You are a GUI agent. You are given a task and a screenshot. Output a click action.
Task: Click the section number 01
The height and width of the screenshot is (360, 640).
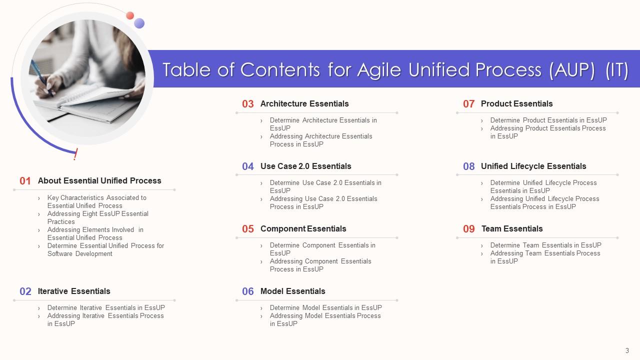(25, 181)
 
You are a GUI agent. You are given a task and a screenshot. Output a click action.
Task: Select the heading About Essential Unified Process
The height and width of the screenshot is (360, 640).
(99, 180)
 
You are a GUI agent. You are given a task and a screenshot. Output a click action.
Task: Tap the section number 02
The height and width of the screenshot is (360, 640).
(25, 291)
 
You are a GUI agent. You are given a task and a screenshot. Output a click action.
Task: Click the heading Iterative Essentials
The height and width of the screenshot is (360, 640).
(74, 291)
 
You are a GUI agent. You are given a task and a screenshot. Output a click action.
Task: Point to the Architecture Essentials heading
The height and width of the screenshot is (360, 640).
(304, 103)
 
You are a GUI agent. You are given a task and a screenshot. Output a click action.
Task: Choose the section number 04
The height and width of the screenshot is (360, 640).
(248, 166)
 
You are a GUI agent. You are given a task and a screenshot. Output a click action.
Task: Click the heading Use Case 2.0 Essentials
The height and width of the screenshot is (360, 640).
(305, 166)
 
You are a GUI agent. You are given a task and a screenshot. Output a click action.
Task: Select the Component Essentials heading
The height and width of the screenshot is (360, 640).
(303, 228)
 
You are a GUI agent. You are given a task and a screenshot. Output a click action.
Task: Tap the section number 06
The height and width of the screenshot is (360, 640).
(248, 291)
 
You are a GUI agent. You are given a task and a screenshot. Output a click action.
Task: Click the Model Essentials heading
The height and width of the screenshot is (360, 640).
(292, 291)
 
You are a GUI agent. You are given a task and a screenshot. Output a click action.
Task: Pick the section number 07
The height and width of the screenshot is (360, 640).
(468, 104)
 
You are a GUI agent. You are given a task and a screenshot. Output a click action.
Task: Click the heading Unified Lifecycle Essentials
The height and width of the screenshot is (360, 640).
(533, 166)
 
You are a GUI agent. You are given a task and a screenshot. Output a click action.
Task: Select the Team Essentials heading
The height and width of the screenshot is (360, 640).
(511, 228)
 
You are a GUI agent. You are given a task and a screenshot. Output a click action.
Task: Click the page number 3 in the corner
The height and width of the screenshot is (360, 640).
(627, 350)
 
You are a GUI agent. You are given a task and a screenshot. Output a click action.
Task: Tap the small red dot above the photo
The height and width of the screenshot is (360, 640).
(130, 15)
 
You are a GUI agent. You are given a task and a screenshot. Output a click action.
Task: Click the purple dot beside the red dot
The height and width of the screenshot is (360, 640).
(139, 23)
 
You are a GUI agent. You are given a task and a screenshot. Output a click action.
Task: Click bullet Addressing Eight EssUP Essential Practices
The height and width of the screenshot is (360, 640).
(97, 217)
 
